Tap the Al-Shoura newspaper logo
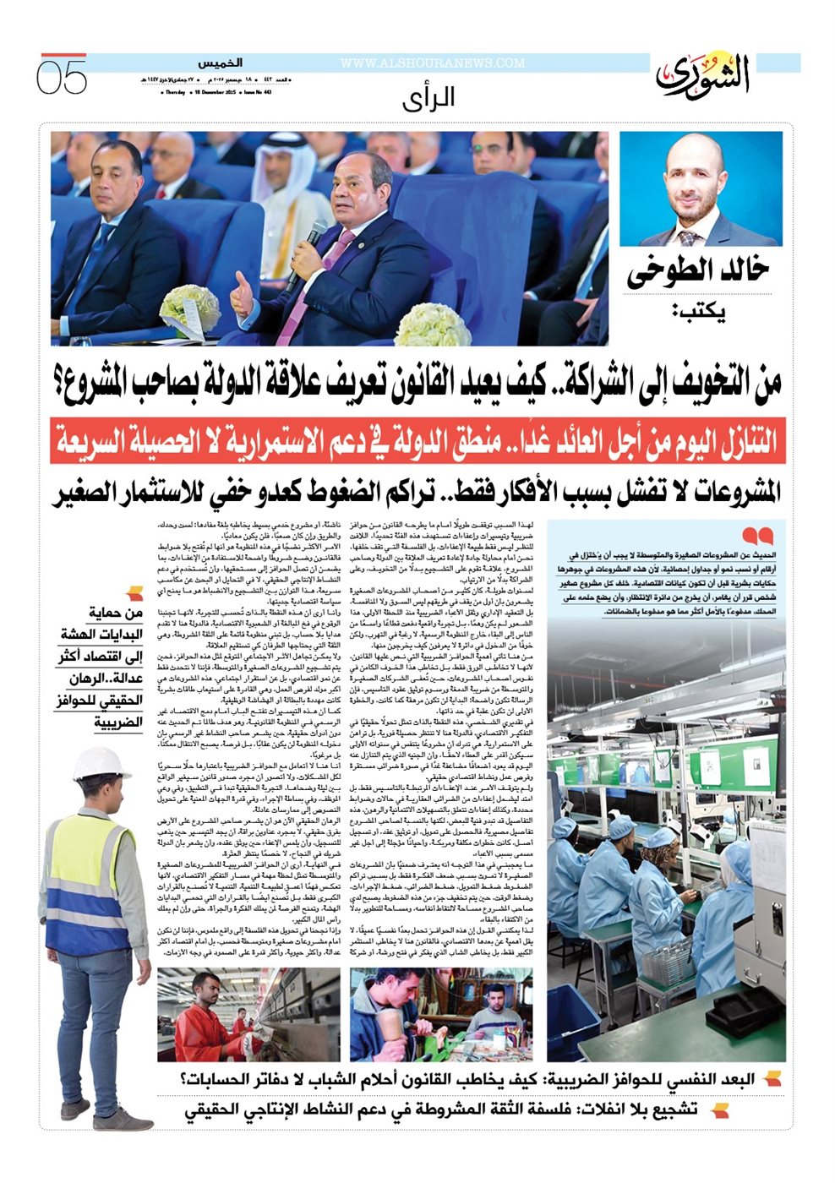click(x=703, y=75)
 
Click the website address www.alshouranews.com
click(x=433, y=63)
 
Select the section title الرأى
click(x=428, y=98)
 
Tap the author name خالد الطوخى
click(x=698, y=272)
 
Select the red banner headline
click(x=417, y=440)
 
